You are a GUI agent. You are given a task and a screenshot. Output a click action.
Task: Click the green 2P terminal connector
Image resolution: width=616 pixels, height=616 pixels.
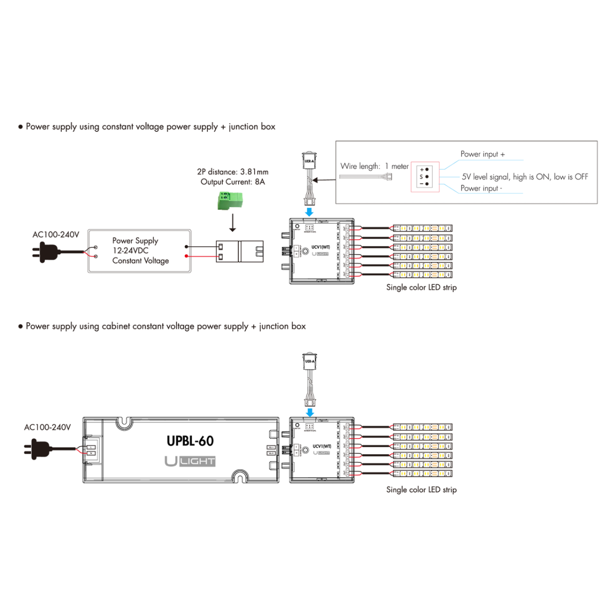point(229,200)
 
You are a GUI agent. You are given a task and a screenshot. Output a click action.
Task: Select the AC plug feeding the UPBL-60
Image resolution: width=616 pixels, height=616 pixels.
point(38,449)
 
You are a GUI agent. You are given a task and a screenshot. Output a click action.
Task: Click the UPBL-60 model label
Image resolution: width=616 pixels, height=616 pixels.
point(190,441)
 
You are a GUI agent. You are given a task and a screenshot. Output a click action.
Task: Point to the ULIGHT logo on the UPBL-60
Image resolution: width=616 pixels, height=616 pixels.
point(190,461)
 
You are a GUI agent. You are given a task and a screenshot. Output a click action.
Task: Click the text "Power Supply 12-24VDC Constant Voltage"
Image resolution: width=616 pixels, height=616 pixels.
point(140,251)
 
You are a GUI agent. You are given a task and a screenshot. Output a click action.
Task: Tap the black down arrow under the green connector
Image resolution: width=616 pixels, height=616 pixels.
point(233,223)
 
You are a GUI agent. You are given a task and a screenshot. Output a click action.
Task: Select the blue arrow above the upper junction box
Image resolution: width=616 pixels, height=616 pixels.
point(309,211)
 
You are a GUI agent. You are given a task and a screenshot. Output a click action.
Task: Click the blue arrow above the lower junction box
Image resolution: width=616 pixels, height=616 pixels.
point(310,412)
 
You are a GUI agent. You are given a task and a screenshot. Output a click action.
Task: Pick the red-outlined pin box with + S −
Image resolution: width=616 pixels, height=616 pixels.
point(425,177)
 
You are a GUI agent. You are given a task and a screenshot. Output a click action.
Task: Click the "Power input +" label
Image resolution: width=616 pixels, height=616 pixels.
point(483,154)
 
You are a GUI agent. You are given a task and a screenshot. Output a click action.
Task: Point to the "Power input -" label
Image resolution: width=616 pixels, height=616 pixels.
point(481,188)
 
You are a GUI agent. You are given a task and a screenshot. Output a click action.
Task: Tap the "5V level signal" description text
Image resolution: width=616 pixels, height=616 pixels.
point(525,177)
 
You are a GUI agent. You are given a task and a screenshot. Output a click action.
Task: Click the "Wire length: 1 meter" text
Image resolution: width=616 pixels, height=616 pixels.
point(374,166)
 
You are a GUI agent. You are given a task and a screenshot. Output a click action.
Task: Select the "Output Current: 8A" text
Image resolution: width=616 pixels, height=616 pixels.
point(233,182)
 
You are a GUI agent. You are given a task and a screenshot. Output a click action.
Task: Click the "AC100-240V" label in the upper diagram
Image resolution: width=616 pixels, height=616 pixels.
point(56,235)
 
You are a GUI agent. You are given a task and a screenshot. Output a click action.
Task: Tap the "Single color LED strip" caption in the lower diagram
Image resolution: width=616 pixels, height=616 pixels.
point(421,490)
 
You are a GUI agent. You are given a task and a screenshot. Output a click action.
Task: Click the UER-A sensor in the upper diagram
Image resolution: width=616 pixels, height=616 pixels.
point(309,160)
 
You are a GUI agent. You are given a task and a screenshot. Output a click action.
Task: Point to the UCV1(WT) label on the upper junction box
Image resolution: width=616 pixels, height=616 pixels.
point(321,247)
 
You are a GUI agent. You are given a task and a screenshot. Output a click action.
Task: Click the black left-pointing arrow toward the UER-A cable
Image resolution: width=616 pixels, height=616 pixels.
point(323,180)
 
